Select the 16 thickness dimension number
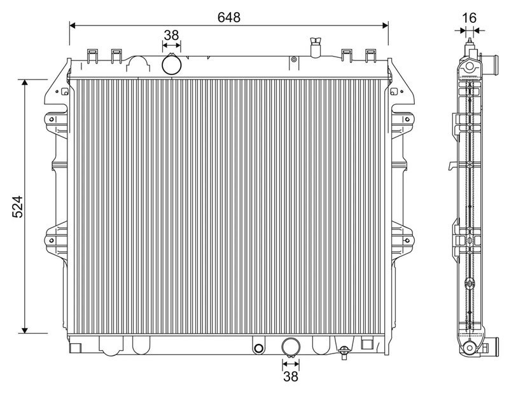(469, 17)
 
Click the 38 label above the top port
(171, 36)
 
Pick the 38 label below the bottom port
(290, 378)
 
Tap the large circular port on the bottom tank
(290, 347)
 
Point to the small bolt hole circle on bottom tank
(258, 348)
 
